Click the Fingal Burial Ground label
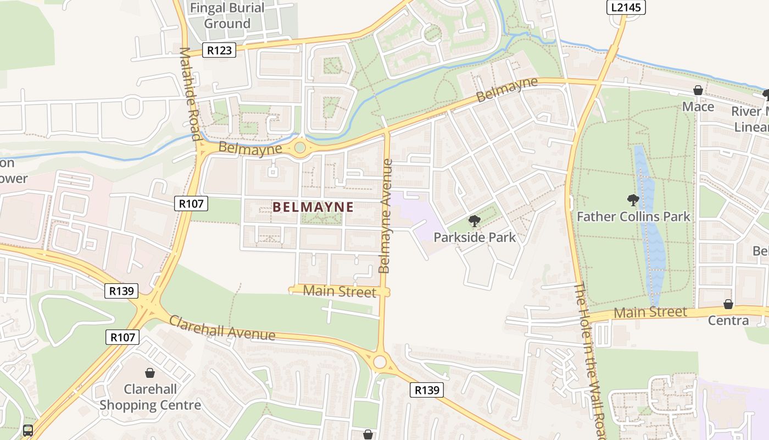[x=227, y=16]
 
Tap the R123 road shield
[x=219, y=51]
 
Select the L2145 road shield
[x=626, y=7]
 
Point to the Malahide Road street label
[x=188, y=94]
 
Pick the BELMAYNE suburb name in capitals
[x=313, y=207]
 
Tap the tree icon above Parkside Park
[x=474, y=222]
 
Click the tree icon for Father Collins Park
[x=633, y=200]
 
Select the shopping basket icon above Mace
[x=698, y=91]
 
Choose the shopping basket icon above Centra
[x=728, y=304]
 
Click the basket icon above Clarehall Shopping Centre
[x=149, y=373]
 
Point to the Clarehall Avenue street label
[x=222, y=328]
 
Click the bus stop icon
[x=28, y=431]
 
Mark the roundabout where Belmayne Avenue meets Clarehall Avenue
[x=380, y=362]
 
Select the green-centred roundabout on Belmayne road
[x=299, y=147]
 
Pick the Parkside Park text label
[x=475, y=238]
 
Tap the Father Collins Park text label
[x=633, y=217]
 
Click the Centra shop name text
[x=728, y=320]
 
